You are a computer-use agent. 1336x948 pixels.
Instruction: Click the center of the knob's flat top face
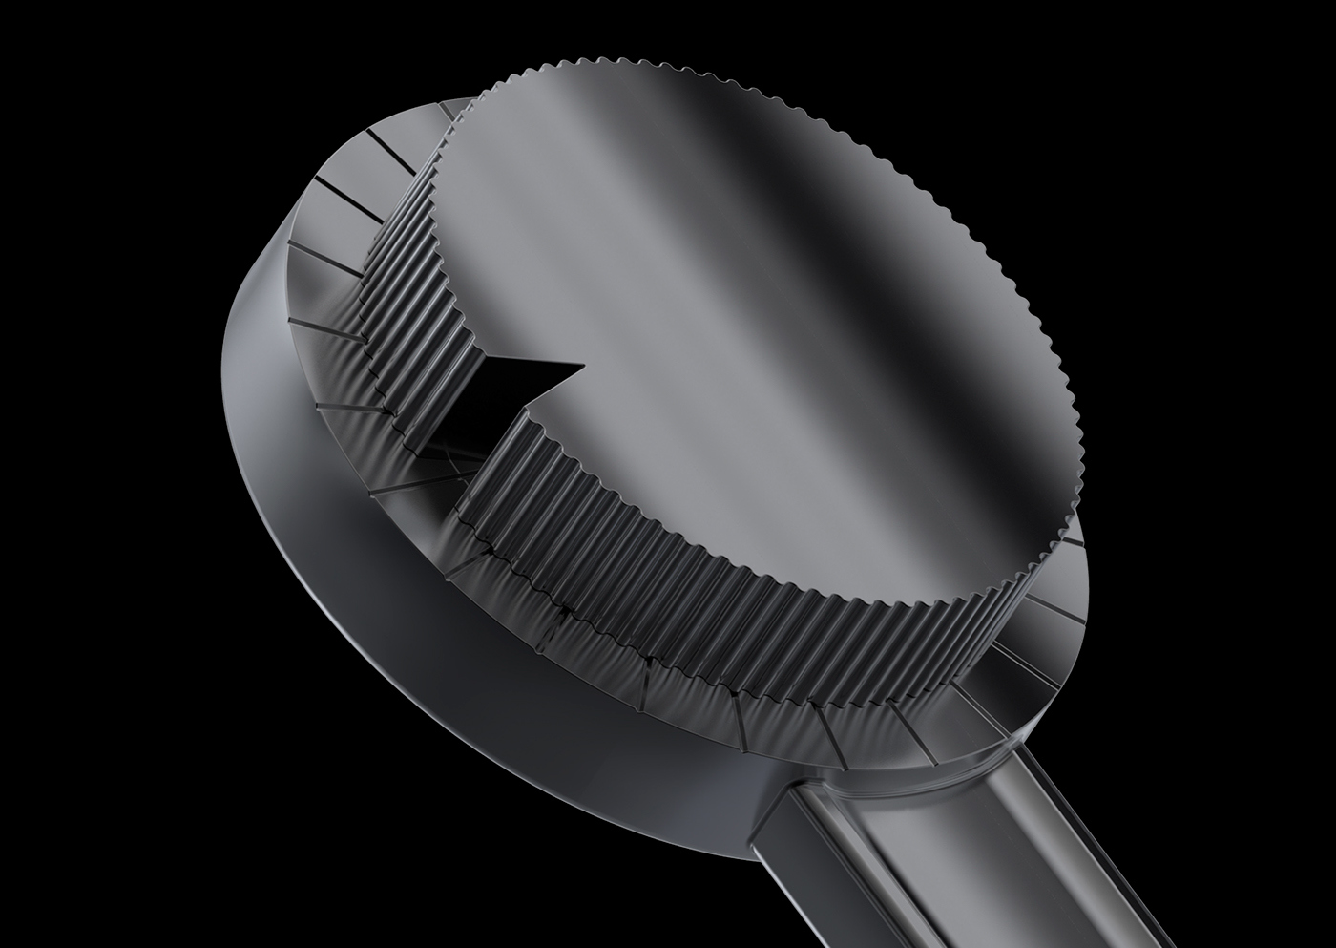(x=754, y=325)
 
